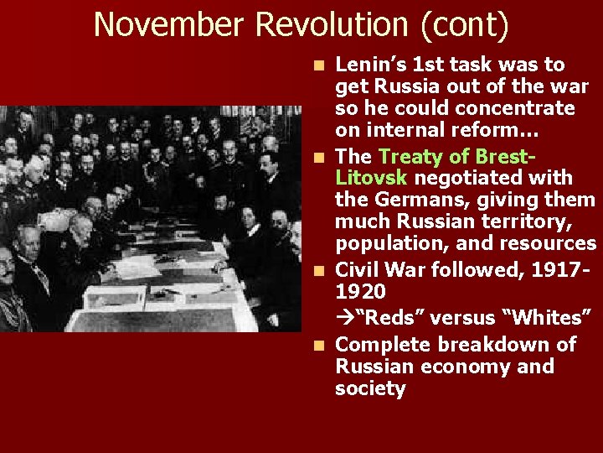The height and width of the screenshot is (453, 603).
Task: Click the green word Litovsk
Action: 371,178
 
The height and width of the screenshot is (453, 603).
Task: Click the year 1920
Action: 360,292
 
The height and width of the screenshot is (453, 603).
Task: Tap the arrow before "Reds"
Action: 342,318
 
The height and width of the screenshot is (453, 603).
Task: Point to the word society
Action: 370,388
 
